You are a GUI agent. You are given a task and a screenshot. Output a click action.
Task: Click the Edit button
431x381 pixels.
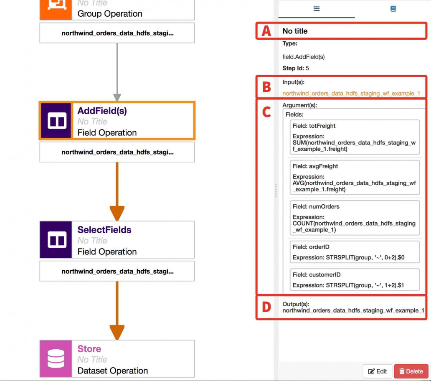(378, 371)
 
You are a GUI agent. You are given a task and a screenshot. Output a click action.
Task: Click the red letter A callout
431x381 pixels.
(266, 31)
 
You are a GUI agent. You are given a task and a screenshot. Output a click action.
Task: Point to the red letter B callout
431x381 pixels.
(266, 87)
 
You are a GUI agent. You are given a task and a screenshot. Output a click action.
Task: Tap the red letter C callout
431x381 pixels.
(266, 112)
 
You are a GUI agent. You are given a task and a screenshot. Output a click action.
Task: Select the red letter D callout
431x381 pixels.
(266, 307)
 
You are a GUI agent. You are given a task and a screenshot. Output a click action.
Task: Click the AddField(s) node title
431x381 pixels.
(102, 111)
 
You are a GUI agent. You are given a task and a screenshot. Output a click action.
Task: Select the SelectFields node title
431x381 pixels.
(104, 230)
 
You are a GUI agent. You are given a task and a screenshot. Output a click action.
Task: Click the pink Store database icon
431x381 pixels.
(56, 358)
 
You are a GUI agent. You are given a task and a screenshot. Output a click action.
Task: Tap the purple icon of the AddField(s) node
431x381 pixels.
(56, 120)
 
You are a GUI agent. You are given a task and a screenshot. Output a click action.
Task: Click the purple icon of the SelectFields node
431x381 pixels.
(56, 239)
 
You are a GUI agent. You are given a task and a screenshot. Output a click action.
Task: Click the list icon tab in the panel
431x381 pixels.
(317, 9)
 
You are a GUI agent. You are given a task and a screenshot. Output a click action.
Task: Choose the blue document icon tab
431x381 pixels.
(393, 9)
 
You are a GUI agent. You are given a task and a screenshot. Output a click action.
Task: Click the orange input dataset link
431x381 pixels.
(351, 94)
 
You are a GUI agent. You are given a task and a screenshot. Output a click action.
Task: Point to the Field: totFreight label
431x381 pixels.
(314, 126)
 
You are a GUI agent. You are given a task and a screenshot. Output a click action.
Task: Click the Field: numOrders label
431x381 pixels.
(316, 206)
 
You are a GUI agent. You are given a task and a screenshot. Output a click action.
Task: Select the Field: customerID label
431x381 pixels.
(317, 274)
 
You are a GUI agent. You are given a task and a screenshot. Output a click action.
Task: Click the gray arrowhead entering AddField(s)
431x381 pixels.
(117, 97)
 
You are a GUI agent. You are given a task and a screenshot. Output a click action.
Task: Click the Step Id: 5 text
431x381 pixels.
(296, 68)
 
